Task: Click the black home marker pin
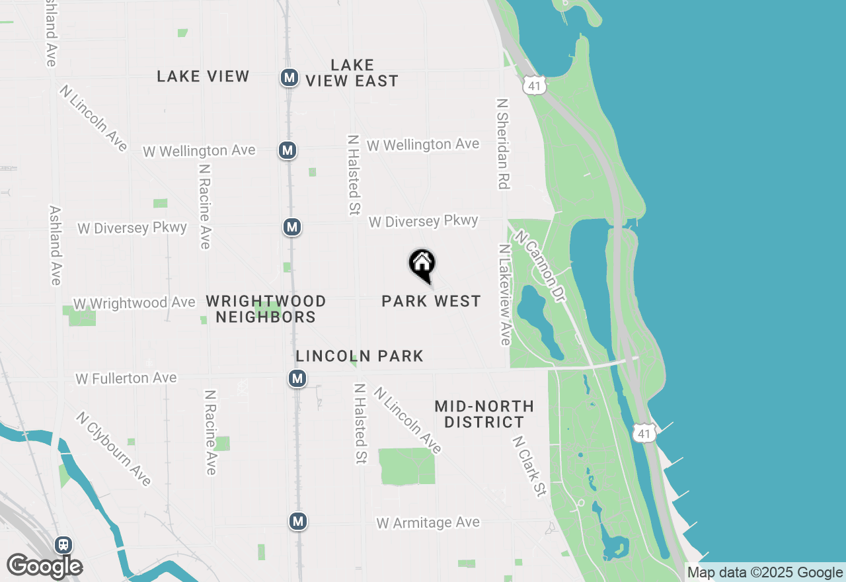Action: click(x=422, y=264)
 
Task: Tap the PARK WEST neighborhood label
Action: click(x=431, y=302)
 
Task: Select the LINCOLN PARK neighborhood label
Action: click(x=360, y=356)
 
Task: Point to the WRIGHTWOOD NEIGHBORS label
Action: click(x=266, y=309)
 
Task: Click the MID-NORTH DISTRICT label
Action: click(x=484, y=414)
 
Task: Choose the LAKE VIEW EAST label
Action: click(x=352, y=73)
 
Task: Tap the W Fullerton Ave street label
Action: click(x=126, y=378)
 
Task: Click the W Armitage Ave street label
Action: click(x=428, y=522)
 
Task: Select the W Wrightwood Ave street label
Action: click(x=134, y=303)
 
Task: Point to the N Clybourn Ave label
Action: click(x=113, y=448)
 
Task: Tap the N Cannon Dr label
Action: click(x=541, y=266)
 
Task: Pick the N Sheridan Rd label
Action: click(x=504, y=144)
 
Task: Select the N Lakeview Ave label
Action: click(x=505, y=294)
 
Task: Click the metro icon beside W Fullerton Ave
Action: click(x=297, y=378)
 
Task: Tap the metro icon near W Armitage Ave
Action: click(x=298, y=521)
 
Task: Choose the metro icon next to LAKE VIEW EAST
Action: click(x=289, y=77)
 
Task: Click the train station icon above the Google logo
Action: click(x=63, y=544)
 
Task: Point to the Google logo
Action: click(x=44, y=565)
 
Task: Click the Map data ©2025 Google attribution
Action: click(x=765, y=573)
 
